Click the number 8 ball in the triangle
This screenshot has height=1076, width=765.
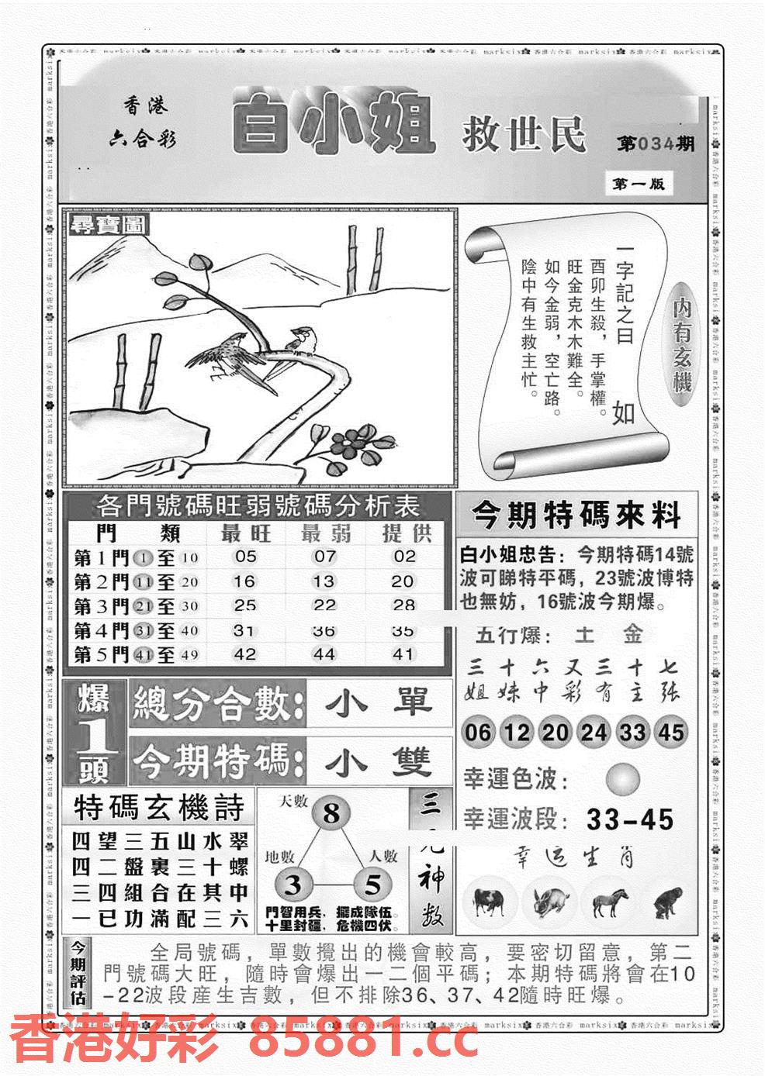coord(331,814)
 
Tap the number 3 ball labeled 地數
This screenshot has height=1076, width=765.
coord(293,885)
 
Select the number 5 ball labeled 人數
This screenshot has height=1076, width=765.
coord(372,885)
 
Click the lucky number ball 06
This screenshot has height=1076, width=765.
coord(479,732)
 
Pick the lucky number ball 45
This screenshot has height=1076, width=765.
coord(671,732)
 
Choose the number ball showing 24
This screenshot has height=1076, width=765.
coord(594,732)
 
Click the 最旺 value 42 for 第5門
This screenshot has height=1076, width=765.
coord(245,654)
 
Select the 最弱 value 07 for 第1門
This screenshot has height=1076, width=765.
coord(325,557)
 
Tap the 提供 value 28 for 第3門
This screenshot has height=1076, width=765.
coord(404,605)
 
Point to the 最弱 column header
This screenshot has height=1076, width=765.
coord(325,533)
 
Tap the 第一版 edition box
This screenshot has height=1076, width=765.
coord(637,184)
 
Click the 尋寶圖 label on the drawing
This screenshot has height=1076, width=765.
coord(99,226)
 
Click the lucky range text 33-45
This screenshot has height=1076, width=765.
coord(629,819)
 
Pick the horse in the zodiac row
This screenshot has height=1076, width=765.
coord(609,902)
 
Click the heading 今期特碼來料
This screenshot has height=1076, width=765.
coord(576,515)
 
